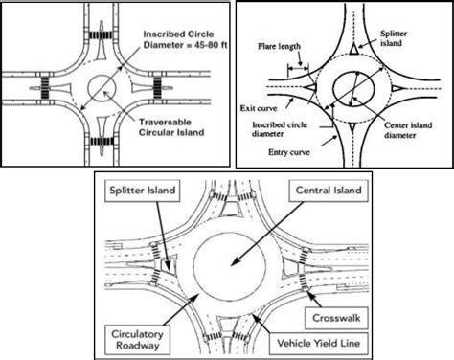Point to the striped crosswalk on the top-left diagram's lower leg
(x=102, y=142)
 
